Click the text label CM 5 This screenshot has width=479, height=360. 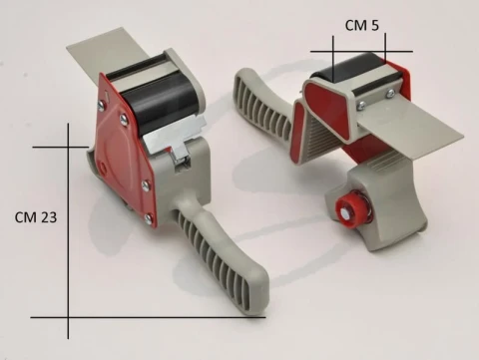point(361,25)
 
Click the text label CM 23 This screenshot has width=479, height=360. point(36,217)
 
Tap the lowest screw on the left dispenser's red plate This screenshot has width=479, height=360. point(148,218)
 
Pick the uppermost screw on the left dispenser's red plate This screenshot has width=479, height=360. point(102,106)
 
